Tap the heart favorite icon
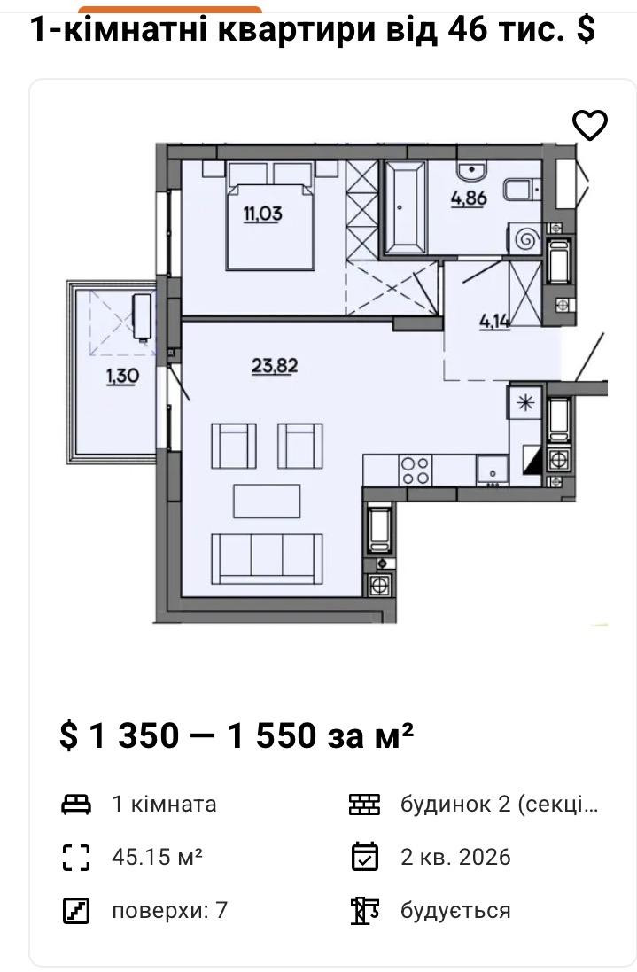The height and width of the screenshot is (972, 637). (589, 125)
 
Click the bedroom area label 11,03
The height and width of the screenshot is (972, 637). (263, 214)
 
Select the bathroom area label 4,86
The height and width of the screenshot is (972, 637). (469, 198)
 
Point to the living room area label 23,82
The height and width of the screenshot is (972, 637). (275, 366)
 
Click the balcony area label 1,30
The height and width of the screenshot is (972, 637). (122, 376)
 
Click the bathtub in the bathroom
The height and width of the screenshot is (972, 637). (406, 207)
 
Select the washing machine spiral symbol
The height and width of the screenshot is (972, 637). (527, 238)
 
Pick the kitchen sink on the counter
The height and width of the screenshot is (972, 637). (492, 470)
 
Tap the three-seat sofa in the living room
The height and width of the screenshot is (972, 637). (267, 558)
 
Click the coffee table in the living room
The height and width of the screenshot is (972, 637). (267, 501)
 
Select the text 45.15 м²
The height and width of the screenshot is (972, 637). (158, 857)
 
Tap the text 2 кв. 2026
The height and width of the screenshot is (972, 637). (455, 857)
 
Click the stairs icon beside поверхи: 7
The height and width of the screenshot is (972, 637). (76, 910)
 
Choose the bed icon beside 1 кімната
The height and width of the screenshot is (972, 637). (76, 804)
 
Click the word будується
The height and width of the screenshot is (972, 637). (455, 911)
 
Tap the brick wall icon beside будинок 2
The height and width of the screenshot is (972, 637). (364, 804)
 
